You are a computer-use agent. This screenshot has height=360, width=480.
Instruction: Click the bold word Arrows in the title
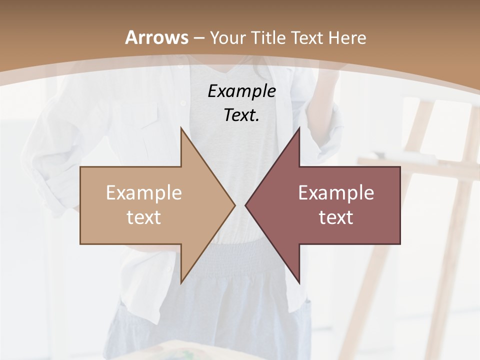[156, 37]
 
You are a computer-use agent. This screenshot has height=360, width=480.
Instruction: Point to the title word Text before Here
[307, 38]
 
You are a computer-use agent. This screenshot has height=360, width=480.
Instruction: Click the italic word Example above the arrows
[241, 91]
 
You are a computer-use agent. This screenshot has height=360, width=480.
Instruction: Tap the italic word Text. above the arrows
[241, 115]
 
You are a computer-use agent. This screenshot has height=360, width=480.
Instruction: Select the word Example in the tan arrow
[144, 193]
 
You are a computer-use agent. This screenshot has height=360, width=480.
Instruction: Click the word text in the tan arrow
[144, 217]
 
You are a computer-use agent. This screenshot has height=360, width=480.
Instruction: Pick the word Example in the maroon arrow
[336, 193]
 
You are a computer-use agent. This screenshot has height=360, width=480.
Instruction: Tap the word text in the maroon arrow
[336, 217]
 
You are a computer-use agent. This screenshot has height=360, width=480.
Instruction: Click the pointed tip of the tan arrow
[234, 205]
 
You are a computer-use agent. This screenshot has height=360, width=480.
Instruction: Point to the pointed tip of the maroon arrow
[246, 205]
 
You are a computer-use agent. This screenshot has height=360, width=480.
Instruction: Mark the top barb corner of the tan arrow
[181, 128]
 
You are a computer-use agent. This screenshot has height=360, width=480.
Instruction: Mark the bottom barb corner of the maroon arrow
[299, 282]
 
